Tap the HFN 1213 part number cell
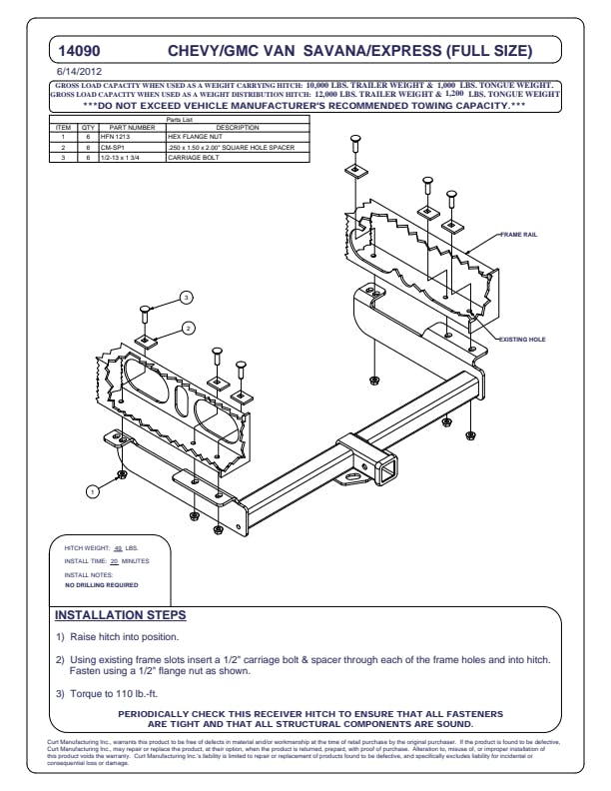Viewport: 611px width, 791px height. (113, 136)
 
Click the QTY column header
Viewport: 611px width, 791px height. (88, 128)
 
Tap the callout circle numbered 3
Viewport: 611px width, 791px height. (186, 298)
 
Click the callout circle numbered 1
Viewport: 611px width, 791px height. (92, 490)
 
